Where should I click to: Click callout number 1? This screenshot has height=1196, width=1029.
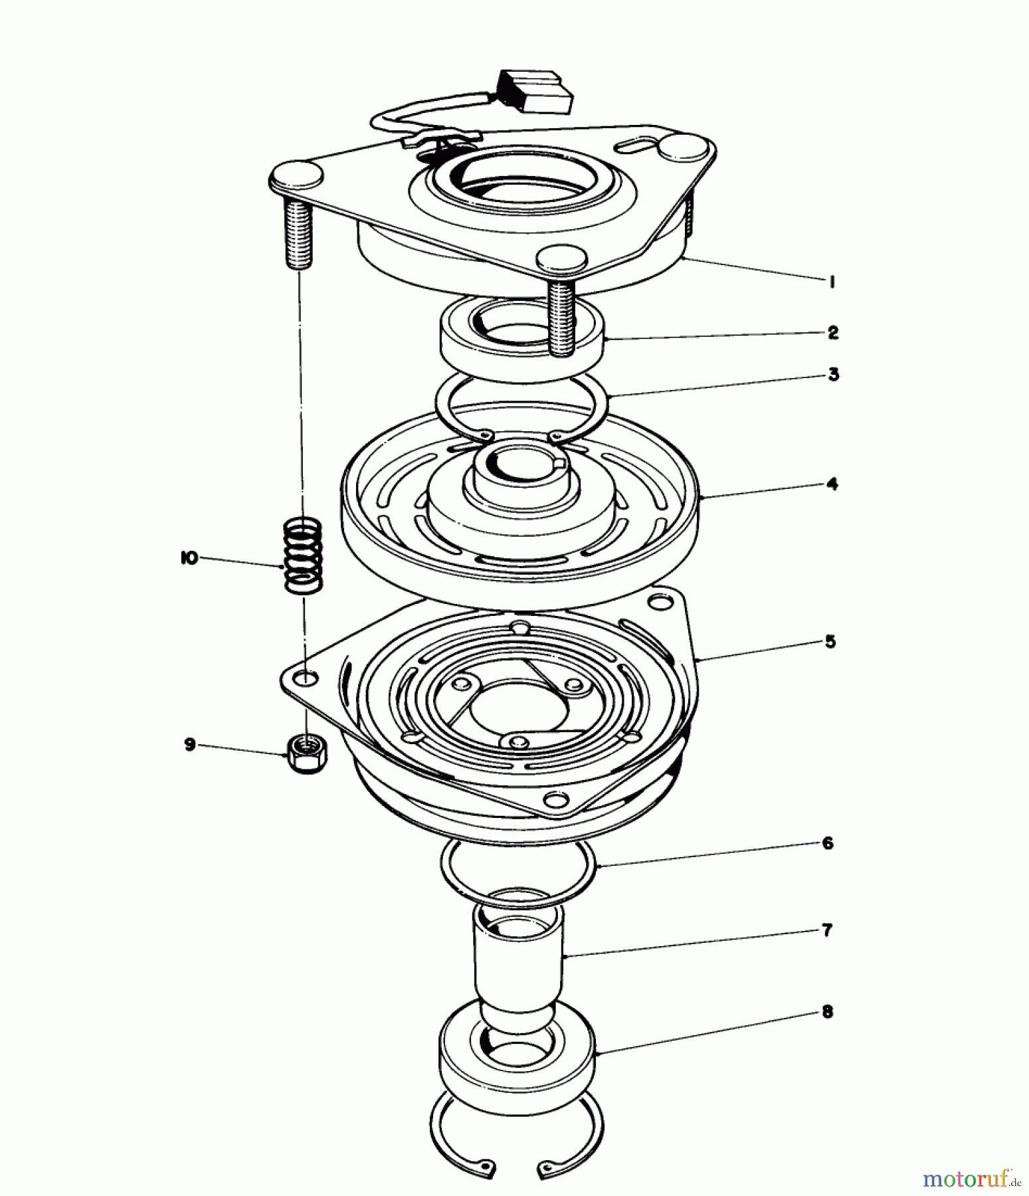831,282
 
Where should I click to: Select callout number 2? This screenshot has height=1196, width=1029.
833,333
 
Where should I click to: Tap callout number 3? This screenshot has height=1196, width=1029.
833,375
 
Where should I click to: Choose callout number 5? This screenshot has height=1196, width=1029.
830,642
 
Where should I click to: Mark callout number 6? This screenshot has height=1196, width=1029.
828,843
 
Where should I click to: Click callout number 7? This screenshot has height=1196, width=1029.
827,930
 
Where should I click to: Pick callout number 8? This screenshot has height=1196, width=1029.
827,1013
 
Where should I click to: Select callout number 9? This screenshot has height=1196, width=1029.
190,745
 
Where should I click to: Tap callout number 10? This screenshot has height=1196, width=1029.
189,559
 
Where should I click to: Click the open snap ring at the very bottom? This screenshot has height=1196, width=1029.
517,1140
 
